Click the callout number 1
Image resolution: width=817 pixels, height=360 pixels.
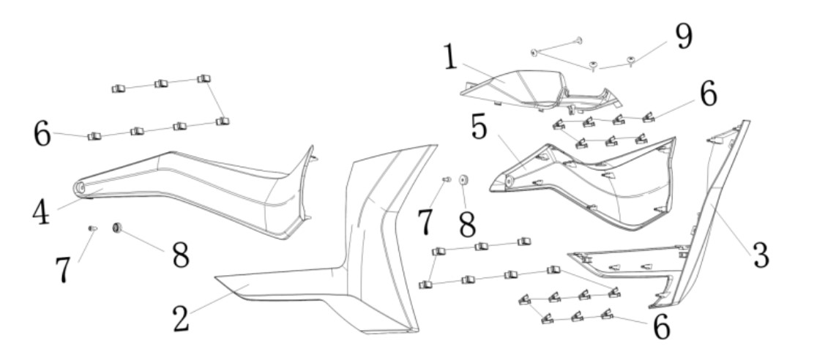pos(451,57)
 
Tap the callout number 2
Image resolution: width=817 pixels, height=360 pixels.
pos(182,318)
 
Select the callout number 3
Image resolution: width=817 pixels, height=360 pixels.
pos(761,255)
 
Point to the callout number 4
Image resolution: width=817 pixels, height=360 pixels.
pos(41,212)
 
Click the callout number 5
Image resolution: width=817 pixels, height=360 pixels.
pos(480,127)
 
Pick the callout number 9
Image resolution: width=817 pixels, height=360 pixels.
pos(684,37)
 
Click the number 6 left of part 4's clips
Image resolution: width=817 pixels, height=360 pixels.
pos(42,133)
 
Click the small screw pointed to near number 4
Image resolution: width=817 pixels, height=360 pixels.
pos(93,228)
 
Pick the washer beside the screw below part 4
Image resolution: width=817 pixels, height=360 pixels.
pos(117,227)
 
